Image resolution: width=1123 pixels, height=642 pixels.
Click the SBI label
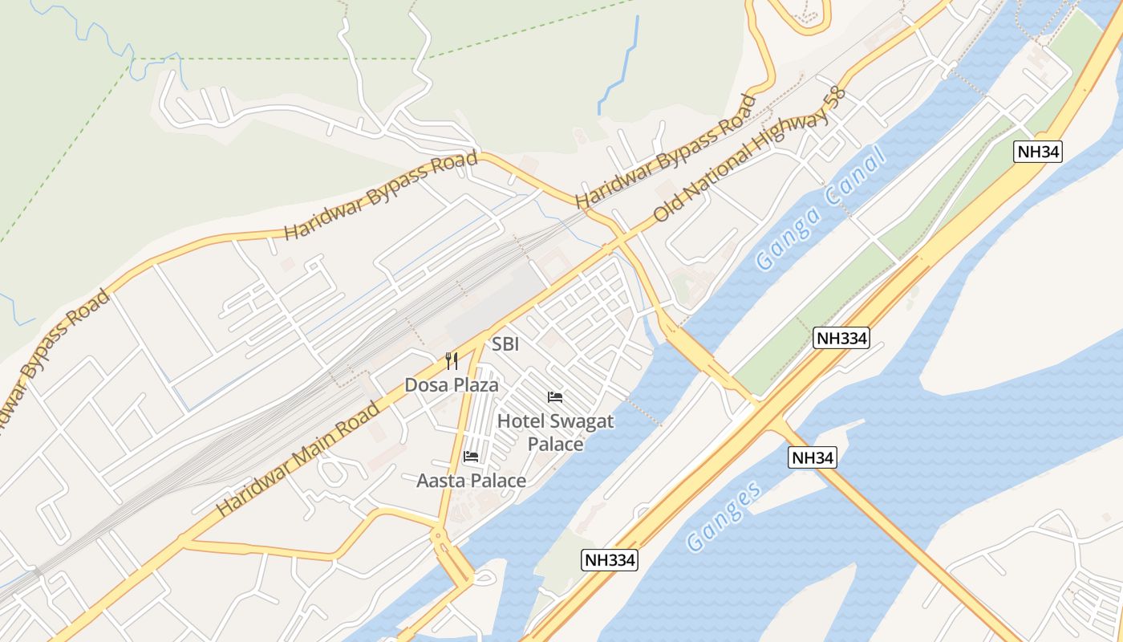pos(505,344)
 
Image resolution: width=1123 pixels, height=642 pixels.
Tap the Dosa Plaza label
pos(451,385)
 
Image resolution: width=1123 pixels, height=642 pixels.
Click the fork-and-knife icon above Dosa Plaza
pos(452,361)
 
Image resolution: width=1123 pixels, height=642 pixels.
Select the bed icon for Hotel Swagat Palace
pos(554,396)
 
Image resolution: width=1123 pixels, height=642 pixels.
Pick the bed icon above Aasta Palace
pos(471,457)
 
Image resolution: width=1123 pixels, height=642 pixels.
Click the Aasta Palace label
pos(471,481)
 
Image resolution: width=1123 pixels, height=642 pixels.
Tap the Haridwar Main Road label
pos(298,459)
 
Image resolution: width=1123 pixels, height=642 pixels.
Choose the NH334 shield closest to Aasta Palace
pos(610,560)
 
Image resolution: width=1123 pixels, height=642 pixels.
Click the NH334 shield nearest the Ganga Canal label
pos(841,338)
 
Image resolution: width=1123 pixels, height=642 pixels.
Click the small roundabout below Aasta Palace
pos(438,534)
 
